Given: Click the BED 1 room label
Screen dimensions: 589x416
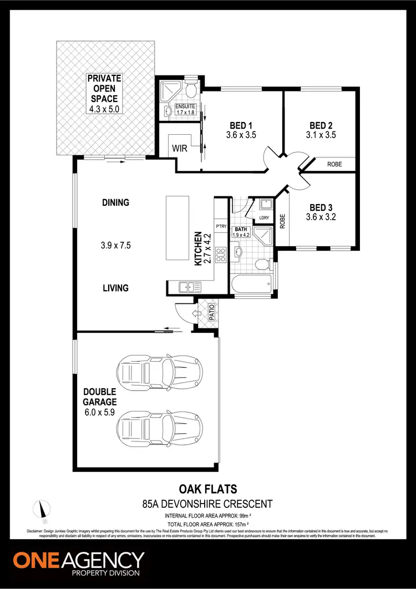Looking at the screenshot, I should click(241, 125).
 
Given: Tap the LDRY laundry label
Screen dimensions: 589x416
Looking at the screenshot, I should click(263, 218).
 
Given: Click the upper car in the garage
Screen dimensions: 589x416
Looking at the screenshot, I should click(159, 370).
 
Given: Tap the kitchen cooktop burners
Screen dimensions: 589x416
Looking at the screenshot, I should click(220, 255).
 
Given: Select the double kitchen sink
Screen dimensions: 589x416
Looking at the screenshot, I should click(189, 287).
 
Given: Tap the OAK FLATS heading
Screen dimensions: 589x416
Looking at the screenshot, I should click(207, 489).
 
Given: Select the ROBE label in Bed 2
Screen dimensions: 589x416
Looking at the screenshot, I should click(334, 164).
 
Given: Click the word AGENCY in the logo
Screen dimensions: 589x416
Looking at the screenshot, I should click(102, 560).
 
